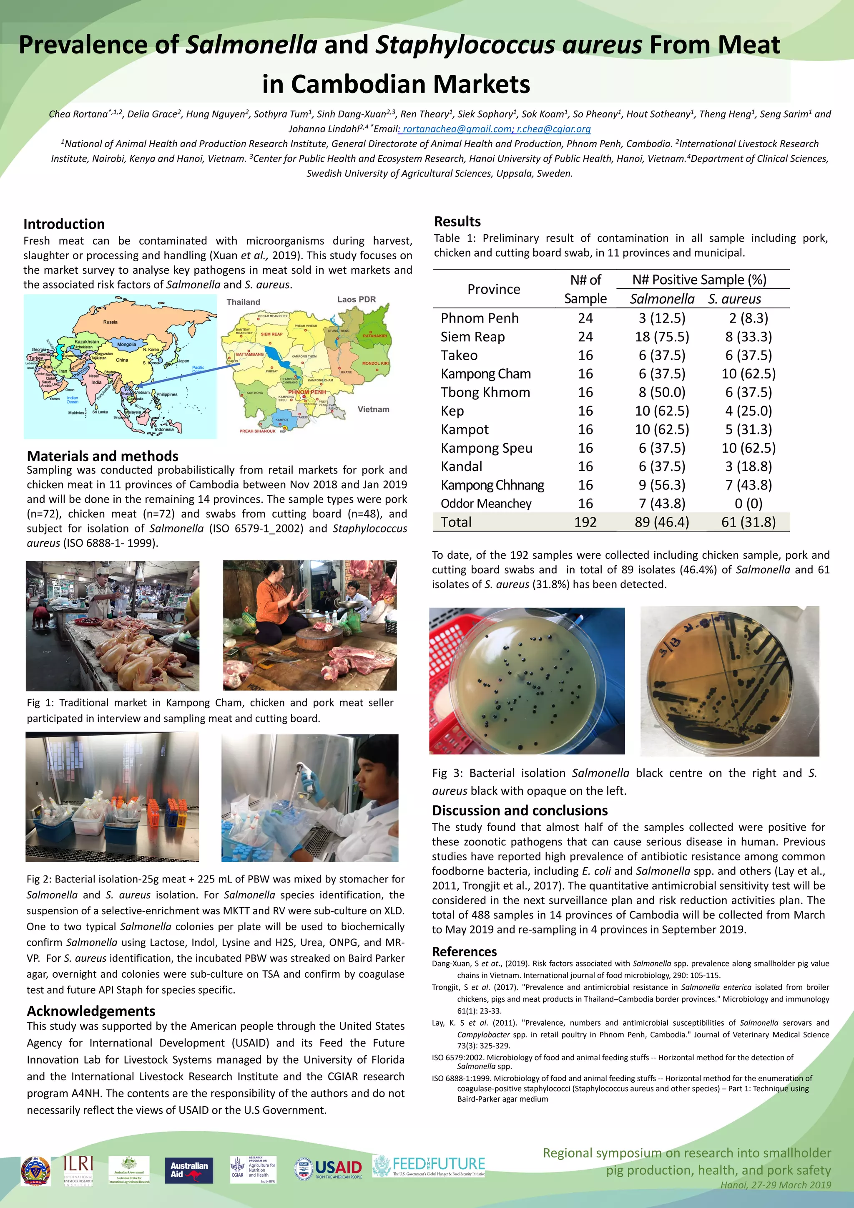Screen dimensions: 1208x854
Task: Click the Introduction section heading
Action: click(x=64, y=224)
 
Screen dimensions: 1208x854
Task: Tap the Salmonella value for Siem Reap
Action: click(x=661, y=337)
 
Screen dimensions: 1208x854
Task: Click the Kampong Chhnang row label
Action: click(x=492, y=485)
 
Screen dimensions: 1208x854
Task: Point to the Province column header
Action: click(x=493, y=289)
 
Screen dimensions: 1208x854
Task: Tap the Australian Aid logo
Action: click(x=189, y=1170)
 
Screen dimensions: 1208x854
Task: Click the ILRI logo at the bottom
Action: click(x=78, y=1169)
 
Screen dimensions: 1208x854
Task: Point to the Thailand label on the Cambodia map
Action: click(x=243, y=302)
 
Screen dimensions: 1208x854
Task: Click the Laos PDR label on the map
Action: click(x=356, y=299)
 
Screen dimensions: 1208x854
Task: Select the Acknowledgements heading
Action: click(x=91, y=1011)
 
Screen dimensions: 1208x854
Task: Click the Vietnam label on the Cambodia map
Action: click(x=373, y=409)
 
